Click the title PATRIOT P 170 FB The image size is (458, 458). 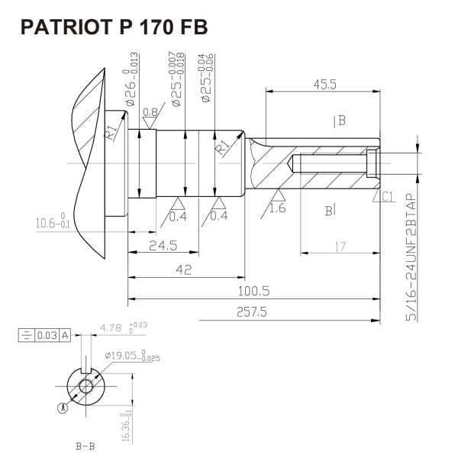click(x=114, y=27)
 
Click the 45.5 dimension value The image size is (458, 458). click(x=324, y=85)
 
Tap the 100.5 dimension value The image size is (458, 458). click(x=253, y=291)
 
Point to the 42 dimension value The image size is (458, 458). click(x=183, y=269)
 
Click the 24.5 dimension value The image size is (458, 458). click(x=163, y=246)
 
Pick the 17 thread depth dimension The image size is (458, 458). click(x=340, y=246)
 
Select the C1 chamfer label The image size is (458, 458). click(x=387, y=197)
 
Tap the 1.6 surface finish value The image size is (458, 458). click(x=277, y=208)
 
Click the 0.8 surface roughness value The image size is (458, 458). click(x=150, y=112)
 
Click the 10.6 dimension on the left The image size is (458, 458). click(x=52, y=222)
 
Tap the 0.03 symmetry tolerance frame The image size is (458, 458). click(x=44, y=334)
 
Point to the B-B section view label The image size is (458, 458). click(x=85, y=445)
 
